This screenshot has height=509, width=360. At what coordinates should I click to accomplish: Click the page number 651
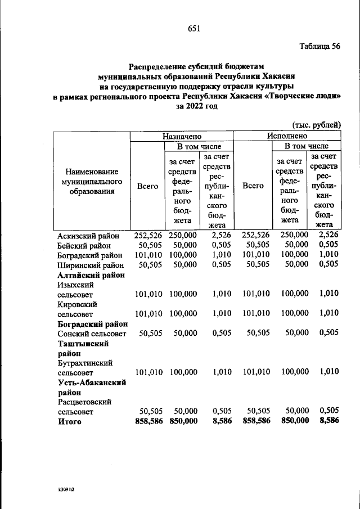(x=194, y=29)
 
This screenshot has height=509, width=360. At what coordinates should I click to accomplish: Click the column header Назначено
(x=181, y=136)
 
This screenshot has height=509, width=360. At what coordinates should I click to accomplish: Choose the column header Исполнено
(x=286, y=136)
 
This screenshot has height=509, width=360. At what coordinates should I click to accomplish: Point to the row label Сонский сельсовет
(x=92, y=333)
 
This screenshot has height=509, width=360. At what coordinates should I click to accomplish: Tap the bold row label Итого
(x=70, y=421)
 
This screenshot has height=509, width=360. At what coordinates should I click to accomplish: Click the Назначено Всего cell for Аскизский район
(x=147, y=235)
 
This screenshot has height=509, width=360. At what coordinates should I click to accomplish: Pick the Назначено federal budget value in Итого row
(x=183, y=421)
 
